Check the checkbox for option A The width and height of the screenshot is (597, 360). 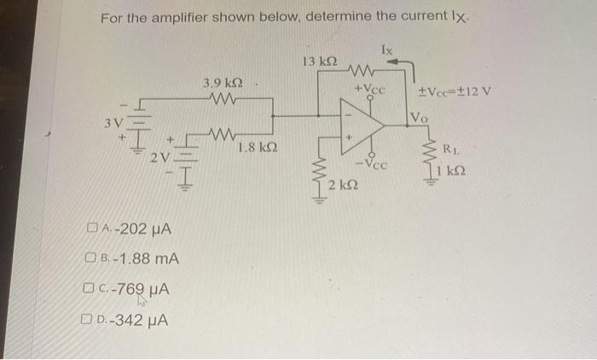click(x=91, y=228)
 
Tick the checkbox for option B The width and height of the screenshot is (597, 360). click(x=90, y=258)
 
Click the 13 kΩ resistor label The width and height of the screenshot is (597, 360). click(x=320, y=61)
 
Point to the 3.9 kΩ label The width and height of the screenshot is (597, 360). click(x=223, y=83)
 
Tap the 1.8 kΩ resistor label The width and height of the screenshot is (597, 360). click(x=258, y=147)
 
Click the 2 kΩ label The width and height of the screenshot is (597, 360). click(x=343, y=185)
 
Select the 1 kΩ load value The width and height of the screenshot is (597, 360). click(x=451, y=171)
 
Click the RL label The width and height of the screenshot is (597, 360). click(x=451, y=149)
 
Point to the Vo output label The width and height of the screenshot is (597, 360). click(x=420, y=118)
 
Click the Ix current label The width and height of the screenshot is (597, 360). click(x=387, y=49)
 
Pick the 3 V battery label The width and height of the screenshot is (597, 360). click(x=113, y=123)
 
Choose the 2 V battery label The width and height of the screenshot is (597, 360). click(x=160, y=157)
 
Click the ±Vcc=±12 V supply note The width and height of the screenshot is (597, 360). click(x=455, y=91)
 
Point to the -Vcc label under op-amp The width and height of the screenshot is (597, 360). click(x=373, y=164)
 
